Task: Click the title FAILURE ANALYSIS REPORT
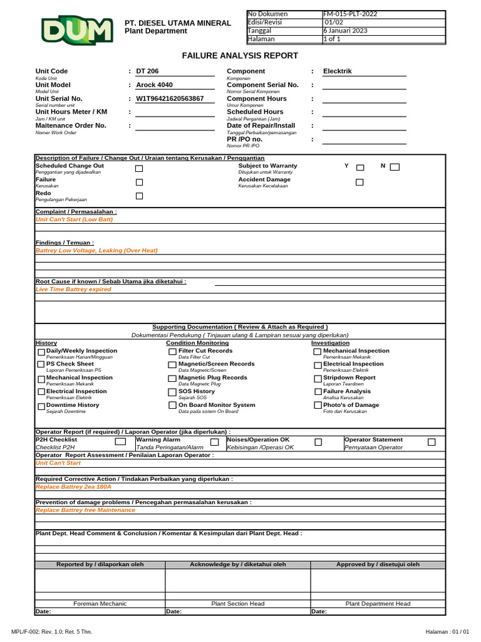pos(240,56)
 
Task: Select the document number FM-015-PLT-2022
pos(350,14)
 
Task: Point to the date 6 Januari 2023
pos(345,30)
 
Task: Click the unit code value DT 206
pos(147,71)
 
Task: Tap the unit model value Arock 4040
pos(155,85)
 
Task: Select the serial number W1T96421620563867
pos(170,98)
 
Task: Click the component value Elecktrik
pos(337,71)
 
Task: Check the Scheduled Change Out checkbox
pos(139,168)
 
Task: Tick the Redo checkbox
pos(139,196)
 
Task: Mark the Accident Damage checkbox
pos(359,182)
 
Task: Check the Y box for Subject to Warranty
pos(360,167)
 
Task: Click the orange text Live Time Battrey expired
pos(73,290)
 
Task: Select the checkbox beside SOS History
pos(172,392)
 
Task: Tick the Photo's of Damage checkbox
pos(318,406)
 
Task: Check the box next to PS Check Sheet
pos(41,365)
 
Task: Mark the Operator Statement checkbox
pos(432,442)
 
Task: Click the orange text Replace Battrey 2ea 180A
pos(73,487)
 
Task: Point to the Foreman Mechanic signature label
pos(100,603)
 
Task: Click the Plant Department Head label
pos(378,603)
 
